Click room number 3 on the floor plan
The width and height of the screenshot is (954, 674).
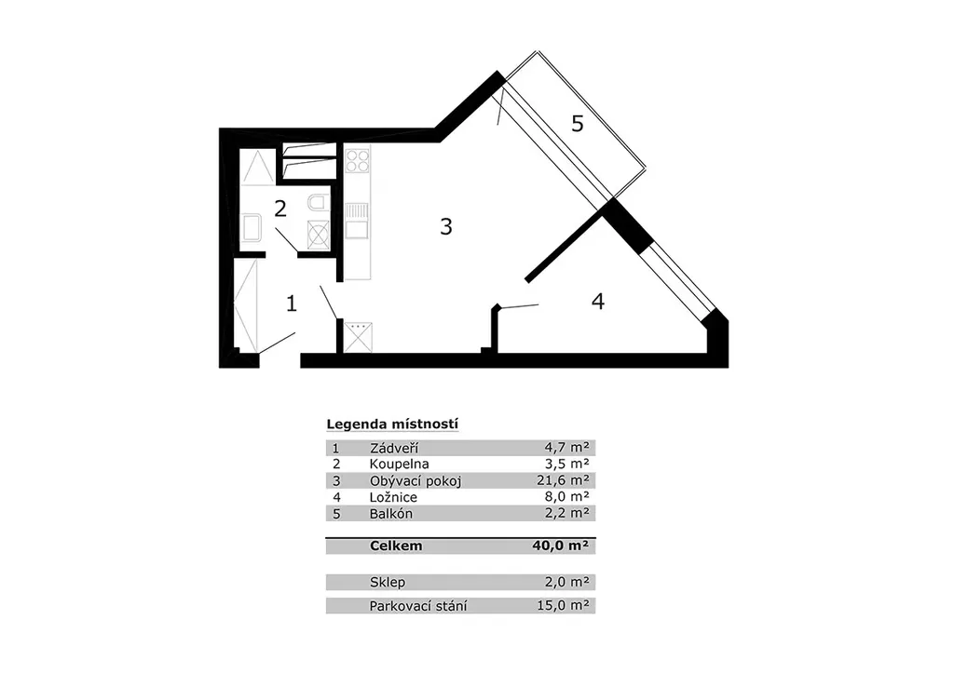(x=446, y=227)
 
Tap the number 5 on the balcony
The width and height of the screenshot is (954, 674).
(x=578, y=124)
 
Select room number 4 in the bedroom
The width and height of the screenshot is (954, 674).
(x=598, y=302)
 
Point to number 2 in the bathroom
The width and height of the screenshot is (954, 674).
(x=279, y=209)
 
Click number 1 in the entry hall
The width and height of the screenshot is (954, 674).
(x=292, y=303)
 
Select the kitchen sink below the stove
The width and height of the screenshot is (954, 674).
(x=357, y=221)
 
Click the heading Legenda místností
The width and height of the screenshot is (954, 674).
(x=392, y=425)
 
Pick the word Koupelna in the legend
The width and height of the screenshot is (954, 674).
(x=399, y=465)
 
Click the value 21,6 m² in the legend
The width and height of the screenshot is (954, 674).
(x=563, y=480)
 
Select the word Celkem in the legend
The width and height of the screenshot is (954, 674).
(x=395, y=546)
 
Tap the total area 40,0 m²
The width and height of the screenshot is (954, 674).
(x=560, y=546)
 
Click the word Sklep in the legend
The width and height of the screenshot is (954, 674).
(x=388, y=582)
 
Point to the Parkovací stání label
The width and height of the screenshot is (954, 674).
(x=418, y=606)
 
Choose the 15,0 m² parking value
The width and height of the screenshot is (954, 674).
(x=563, y=605)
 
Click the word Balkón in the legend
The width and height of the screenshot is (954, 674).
(x=391, y=514)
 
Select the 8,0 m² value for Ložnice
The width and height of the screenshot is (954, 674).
(x=567, y=496)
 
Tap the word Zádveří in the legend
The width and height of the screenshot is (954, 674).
(x=394, y=449)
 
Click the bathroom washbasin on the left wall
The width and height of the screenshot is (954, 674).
(x=252, y=228)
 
